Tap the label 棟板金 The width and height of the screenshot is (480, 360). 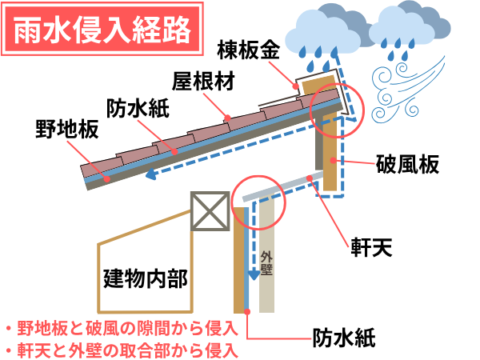248,50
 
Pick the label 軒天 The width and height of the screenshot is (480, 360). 371,246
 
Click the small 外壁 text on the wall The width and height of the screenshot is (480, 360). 267,266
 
